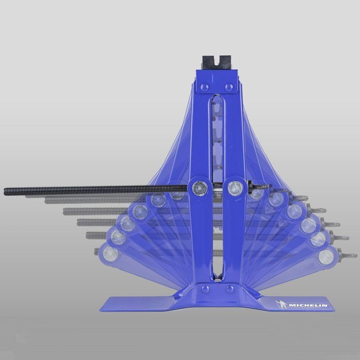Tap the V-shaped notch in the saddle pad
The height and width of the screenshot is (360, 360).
tap(217, 60)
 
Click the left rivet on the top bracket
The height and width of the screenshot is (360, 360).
tap(204, 87)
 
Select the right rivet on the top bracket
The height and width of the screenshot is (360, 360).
tap(229, 87)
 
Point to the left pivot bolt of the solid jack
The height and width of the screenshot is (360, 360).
tap(200, 188)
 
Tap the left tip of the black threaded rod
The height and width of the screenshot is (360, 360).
tap(5, 191)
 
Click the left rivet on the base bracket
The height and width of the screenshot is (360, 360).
tap(205, 289)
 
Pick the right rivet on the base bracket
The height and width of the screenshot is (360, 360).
tap(229, 289)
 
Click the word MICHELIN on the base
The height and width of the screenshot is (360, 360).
tap(308, 305)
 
